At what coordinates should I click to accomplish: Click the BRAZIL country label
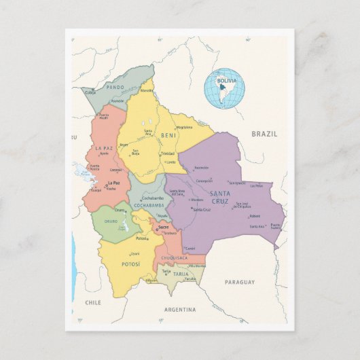tap(264, 134)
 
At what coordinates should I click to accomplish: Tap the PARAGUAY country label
tap(239, 281)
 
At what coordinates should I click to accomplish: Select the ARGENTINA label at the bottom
tap(180, 310)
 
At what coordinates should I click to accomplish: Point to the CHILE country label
tap(93, 302)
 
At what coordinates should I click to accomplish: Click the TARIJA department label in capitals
tap(180, 274)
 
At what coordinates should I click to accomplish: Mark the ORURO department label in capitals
tap(110, 221)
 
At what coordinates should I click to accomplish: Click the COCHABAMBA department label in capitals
tap(149, 204)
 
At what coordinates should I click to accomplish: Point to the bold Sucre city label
tap(162, 227)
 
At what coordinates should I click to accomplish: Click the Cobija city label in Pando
tap(90, 92)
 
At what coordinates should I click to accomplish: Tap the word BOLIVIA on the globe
tap(227, 81)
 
